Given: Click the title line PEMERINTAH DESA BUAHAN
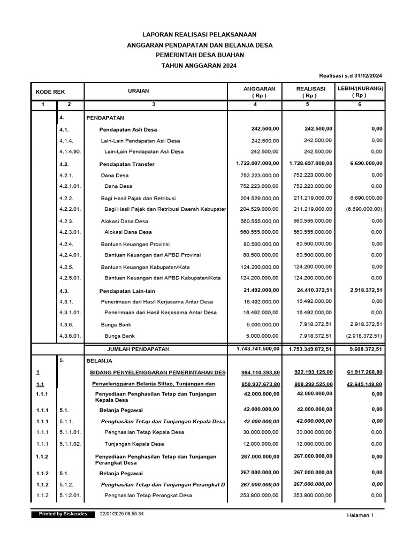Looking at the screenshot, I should [x=199, y=55].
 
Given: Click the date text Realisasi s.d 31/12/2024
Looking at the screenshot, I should [x=351, y=76].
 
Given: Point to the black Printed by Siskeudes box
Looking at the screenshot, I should [x=63, y=514].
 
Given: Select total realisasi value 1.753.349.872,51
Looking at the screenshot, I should [x=308, y=349].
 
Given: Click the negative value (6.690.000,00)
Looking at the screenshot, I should [x=364, y=209].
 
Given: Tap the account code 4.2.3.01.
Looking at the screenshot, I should [x=70, y=232].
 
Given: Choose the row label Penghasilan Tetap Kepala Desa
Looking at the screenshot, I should [x=144, y=432].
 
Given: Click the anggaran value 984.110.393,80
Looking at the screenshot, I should [x=254, y=372].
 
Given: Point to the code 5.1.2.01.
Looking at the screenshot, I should [x=70, y=496].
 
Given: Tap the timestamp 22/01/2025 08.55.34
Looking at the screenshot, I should [x=122, y=514].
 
